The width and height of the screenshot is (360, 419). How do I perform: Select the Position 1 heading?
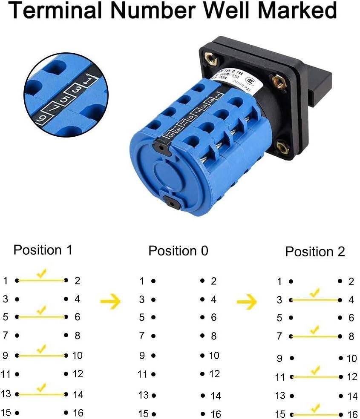coord(43,250)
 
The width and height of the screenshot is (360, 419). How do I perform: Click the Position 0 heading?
coord(178,251)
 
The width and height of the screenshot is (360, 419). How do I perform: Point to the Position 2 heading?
coord(315,252)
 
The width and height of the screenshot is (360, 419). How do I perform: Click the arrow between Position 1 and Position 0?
coord(111,301)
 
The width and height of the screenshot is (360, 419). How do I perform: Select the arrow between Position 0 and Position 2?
coord(247,302)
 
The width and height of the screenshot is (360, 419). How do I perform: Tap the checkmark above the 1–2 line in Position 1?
coord(41,274)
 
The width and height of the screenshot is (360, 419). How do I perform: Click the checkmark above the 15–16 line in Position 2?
coord(315,408)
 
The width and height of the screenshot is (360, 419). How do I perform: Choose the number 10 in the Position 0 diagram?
coord(214,355)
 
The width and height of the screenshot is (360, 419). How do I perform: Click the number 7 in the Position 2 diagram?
coord(279,336)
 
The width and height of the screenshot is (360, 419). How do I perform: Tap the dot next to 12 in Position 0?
coord(202,374)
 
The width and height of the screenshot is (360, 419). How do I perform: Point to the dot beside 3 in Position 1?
coord(17,299)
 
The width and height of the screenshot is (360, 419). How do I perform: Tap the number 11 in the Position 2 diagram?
coord(279,377)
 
